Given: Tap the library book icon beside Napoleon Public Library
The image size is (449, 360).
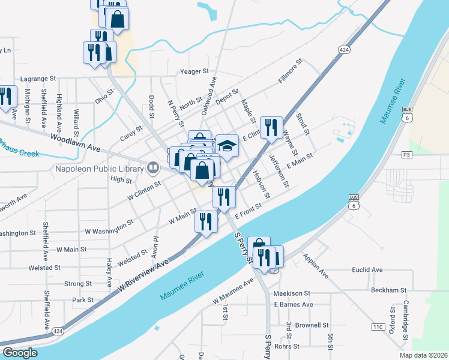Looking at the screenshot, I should [x=154, y=169].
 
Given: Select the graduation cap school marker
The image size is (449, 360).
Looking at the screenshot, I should [x=227, y=146].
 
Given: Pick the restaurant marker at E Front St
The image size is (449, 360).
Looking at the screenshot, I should [x=224, y=197].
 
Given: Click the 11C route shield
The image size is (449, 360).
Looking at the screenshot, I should [x=378, y=327].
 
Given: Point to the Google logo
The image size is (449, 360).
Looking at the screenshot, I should [x=20, y=353].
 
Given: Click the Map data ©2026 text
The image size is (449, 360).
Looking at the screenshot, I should [x=423, y=355].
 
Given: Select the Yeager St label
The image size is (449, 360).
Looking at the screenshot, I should [x=194, y=71].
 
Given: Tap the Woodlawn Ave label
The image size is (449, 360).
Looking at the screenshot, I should [x=75, y=142].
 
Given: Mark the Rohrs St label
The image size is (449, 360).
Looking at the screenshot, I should [x=286, y=346].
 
